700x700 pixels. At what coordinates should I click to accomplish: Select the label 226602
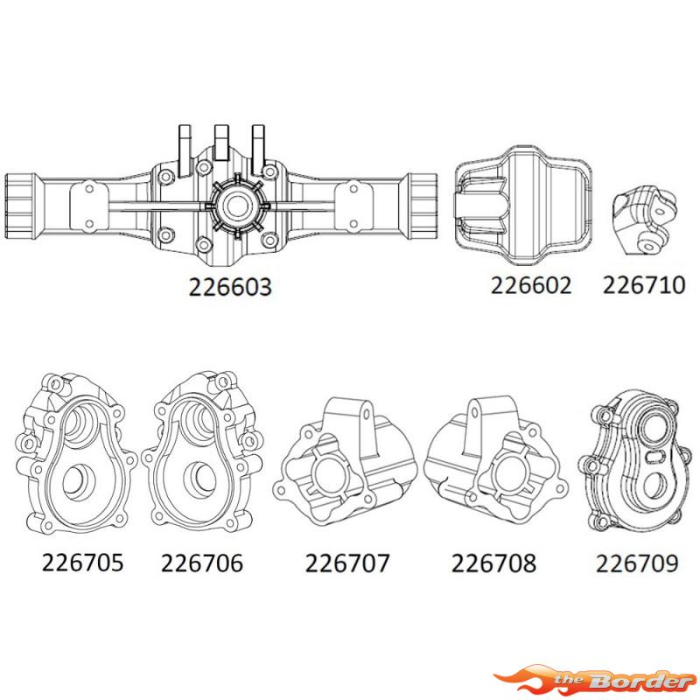530,285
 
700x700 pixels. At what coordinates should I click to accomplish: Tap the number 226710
642,285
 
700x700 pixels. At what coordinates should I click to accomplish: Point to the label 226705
82,561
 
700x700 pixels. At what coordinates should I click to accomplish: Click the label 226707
346,562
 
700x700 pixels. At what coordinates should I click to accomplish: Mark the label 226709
637,562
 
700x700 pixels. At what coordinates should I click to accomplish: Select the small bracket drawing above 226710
643,220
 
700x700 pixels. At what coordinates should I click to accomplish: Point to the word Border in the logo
643,680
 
